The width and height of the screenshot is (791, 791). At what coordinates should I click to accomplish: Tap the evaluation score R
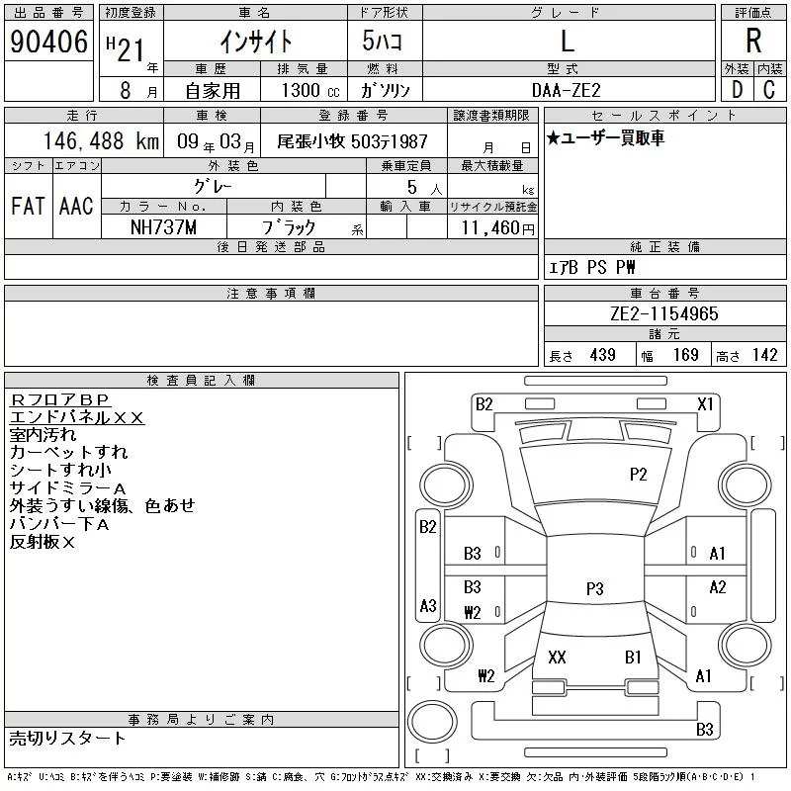coord(753,41)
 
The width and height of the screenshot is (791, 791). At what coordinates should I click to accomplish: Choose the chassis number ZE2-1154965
coord(663,314)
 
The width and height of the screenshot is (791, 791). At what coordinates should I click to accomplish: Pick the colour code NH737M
coord(164,226)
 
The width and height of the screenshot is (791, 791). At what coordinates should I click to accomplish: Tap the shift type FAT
coord(29,206)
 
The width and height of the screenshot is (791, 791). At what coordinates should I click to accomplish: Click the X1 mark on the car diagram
coord(705,403)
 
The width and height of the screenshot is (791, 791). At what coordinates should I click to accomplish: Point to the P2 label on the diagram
coord(638,475)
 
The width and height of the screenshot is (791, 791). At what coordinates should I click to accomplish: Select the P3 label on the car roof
coord(594,588)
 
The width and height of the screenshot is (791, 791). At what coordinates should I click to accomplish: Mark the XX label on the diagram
coord(557,657)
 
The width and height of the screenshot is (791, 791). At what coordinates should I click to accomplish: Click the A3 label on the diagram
coord(428,605)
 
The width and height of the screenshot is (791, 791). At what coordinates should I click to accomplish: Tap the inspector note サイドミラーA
coord(68,488)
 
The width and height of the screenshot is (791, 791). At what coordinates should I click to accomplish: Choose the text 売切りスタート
coord(68,738)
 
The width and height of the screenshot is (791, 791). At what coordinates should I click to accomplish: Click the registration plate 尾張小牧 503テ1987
coord(352,141)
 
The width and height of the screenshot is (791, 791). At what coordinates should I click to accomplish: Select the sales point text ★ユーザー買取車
coord(605,138)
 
